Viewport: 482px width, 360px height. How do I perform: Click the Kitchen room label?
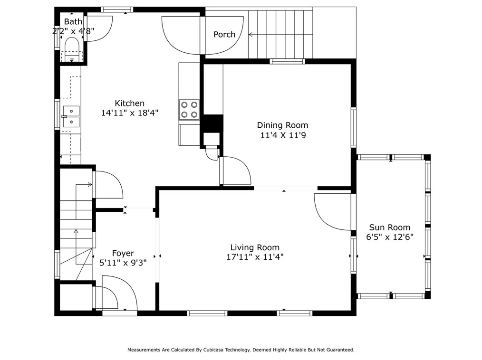(129, 103)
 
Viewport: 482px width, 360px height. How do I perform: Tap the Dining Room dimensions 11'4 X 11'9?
(283, 135)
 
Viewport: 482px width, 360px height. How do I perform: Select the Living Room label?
(255, 247)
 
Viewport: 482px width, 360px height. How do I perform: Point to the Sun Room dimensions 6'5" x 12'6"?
(389, 237)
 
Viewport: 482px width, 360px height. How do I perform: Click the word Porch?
(224, 34)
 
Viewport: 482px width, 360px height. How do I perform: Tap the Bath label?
(73, 21)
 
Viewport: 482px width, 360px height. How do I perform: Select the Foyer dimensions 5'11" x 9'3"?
(123, 263)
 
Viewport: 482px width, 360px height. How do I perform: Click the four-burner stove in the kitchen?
(189, 109)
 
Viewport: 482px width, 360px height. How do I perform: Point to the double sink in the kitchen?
(71, 116)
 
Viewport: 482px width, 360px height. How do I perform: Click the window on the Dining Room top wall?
(288, 61)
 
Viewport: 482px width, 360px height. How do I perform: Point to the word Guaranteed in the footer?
(341, 350)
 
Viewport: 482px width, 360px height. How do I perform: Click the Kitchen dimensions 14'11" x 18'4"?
(130, 113)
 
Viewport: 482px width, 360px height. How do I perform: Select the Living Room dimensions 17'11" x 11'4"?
(255, 257)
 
